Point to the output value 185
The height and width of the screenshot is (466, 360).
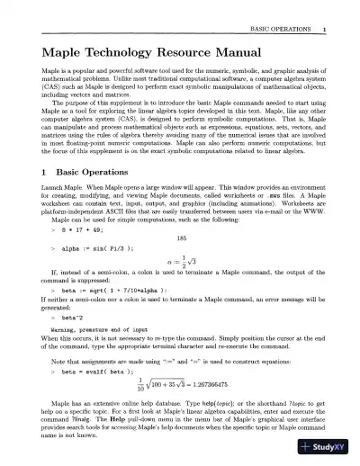(181, 238)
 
